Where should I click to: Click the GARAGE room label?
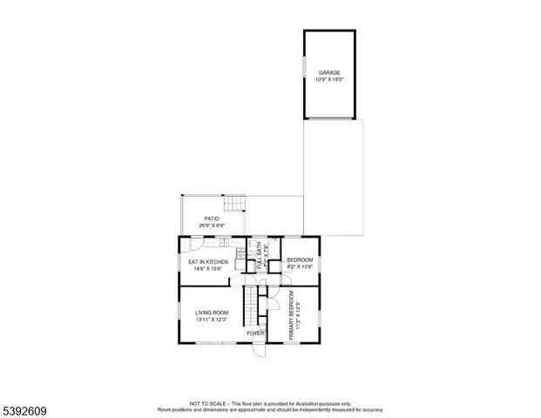[x=328, y=72]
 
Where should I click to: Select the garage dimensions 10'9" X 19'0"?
[x=328, y=79]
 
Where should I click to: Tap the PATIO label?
[x=211, y=219]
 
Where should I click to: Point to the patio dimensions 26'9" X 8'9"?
[x=211, y=226]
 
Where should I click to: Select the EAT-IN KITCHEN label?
[x=208, y=261]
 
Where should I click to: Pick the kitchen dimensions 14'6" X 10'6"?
[x=208, y=268]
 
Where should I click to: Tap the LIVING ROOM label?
[x=211, y=312]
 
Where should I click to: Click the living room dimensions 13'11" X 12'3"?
[x=211, y=320]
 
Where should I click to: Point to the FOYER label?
[x=255, y=334]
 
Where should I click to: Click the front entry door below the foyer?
[x=258, y=351]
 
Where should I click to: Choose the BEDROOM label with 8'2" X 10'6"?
[x=300, y=260]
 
